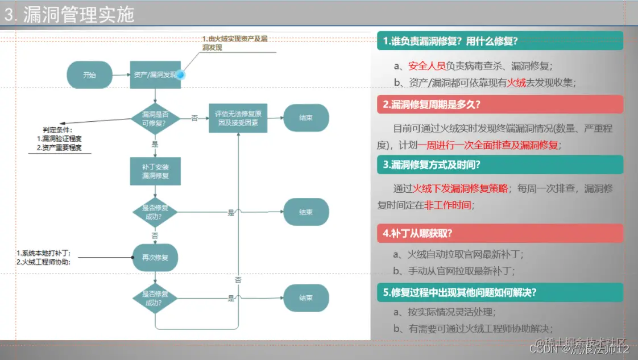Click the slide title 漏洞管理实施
pos(78,15)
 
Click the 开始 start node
pos(89,75)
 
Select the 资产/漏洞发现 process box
pos(155,75)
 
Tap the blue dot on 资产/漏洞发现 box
pos(181,75)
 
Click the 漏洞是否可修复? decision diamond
pos(155,118)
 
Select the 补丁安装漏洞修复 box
pos(155,171)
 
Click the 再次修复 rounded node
pos(155,258)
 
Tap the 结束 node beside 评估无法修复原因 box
pos(306,118)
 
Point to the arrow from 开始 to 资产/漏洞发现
pos(121,75)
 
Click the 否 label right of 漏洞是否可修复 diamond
pos(194,118)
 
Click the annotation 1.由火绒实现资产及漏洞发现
pos(234,43)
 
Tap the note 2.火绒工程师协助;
pos(47,262)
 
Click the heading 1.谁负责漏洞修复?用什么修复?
pos(450,41)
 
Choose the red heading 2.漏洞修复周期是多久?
pos(432,104)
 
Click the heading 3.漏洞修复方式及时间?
pos(432,165)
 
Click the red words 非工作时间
pos(448,205)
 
